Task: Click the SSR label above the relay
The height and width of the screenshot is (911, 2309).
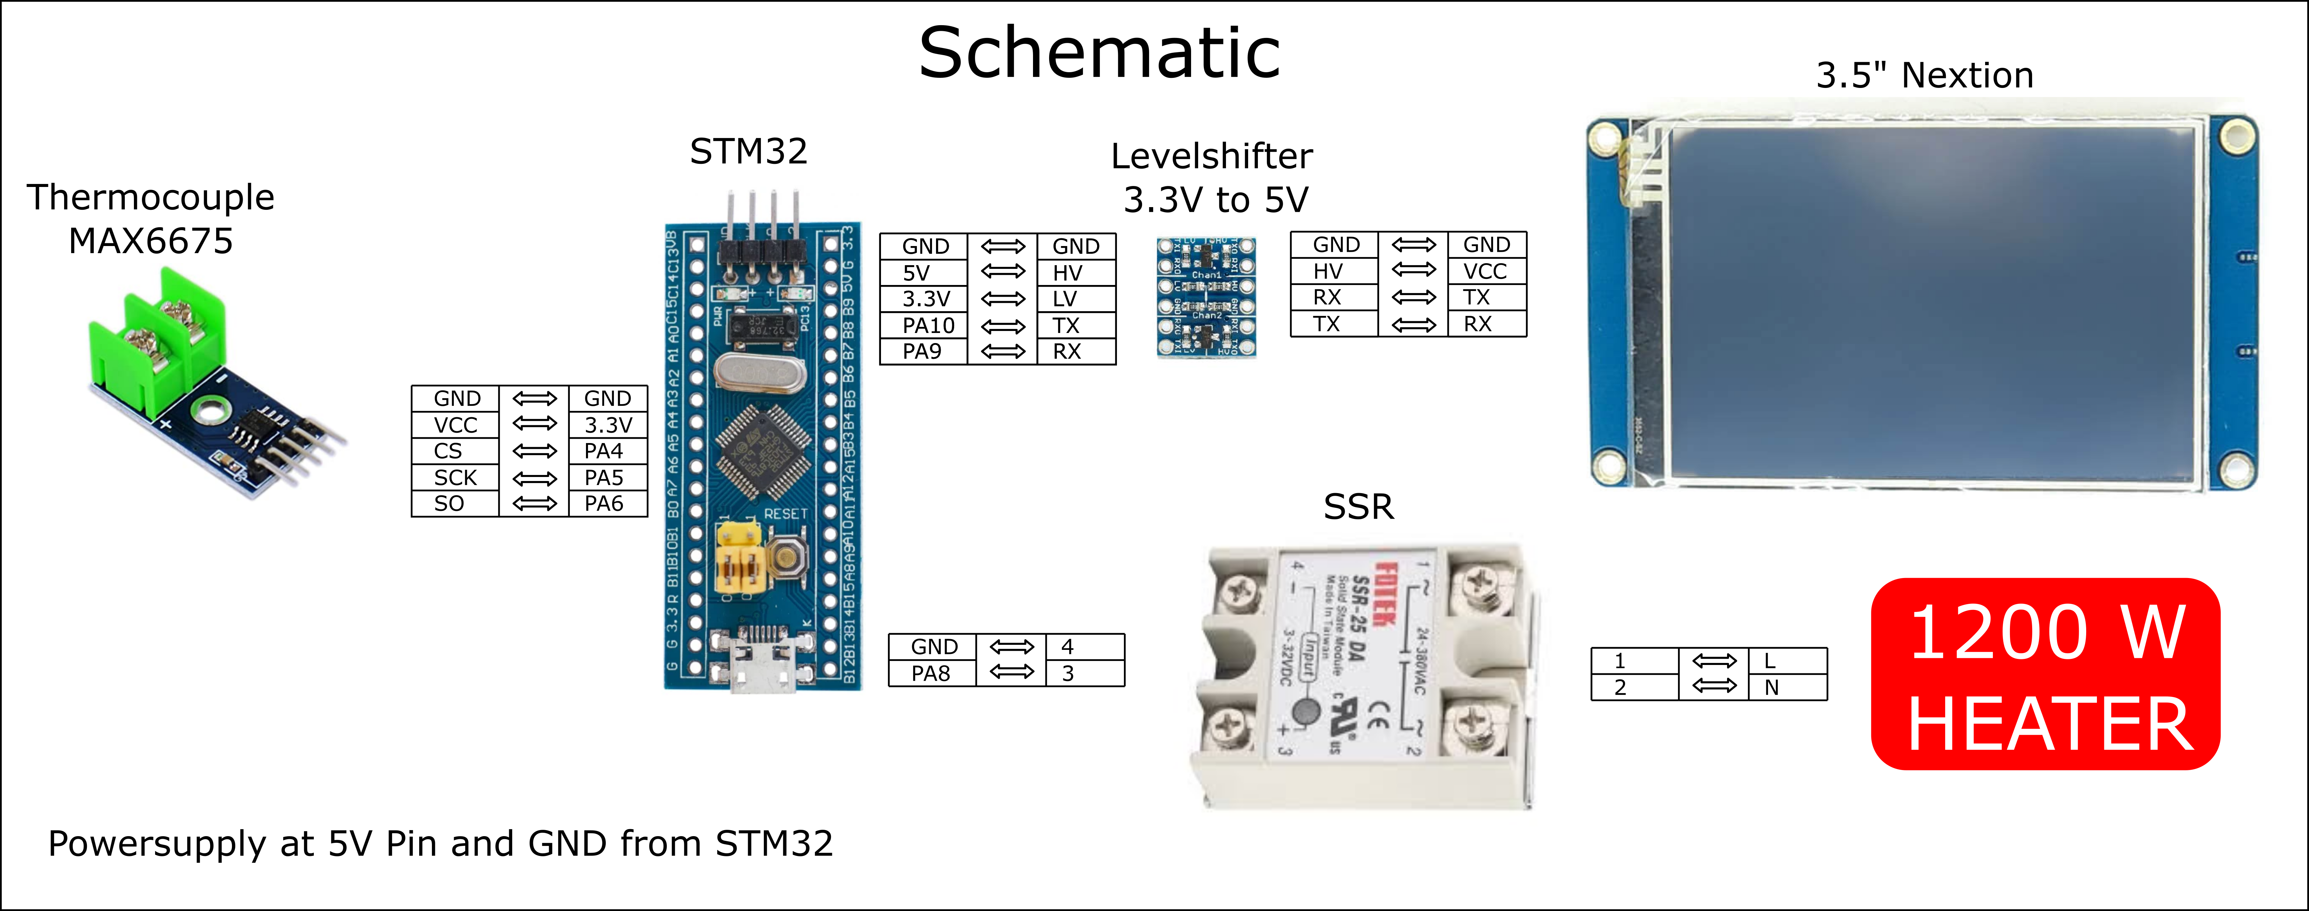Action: (1358, 508)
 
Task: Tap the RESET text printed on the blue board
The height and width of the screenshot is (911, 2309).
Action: (785, 514)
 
